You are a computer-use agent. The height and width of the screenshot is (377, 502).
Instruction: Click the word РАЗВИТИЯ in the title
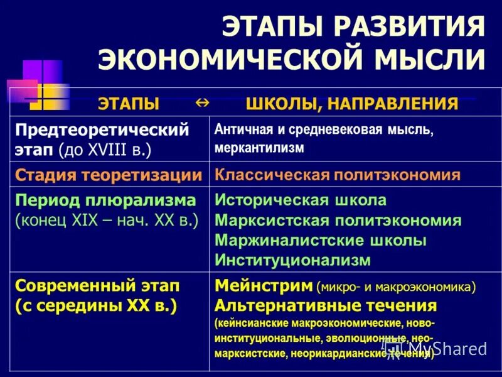point(410,27)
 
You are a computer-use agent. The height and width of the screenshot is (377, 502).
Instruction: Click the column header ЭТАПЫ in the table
point(128,104)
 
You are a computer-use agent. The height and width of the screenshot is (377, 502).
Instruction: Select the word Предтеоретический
point(102,130)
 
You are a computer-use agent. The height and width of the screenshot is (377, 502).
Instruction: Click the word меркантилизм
point(259,148)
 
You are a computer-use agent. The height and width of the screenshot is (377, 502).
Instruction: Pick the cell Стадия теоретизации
point(108,175)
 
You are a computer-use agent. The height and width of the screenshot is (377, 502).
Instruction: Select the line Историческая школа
point(301,200)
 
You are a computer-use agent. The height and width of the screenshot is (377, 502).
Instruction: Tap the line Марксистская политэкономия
point(338,221)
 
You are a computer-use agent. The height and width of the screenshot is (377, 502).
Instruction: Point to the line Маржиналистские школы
point(321,240)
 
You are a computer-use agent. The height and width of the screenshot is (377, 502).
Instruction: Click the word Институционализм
point(292,260)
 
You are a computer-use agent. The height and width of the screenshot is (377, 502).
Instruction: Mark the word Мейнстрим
point(264,286)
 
